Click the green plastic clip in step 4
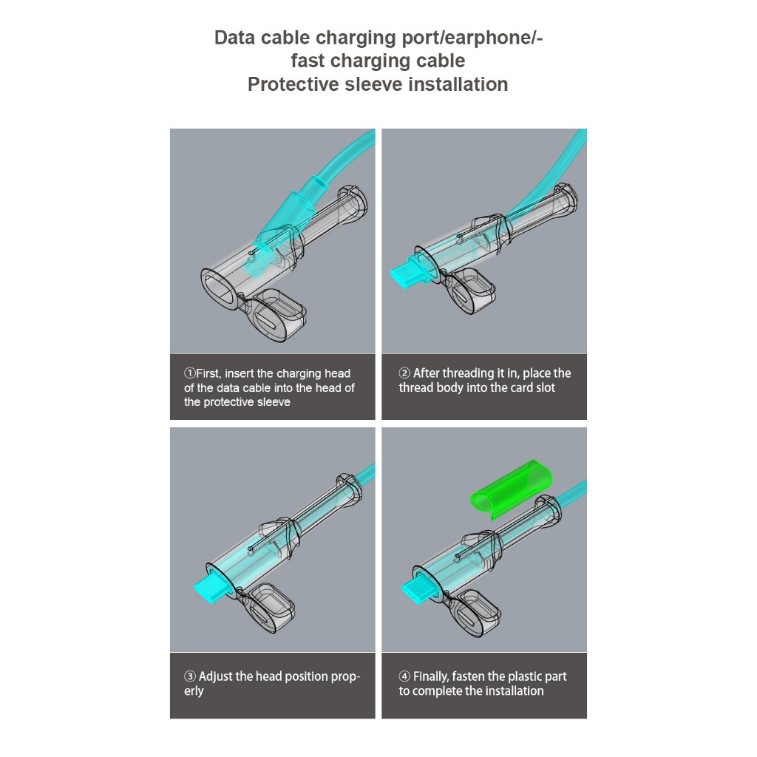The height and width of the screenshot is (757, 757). [x=511, y=489]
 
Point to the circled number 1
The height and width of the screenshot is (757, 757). [x=189, y=373]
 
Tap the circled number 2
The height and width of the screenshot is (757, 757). [x=404, y=373]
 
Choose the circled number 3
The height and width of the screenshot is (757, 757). [x=190, y=676]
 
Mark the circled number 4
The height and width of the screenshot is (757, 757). [x=404, y=676]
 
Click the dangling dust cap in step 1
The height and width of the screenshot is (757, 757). [x=278, y=314]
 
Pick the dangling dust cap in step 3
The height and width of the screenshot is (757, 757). [x=271, y=608]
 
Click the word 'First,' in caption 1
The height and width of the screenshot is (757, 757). [x=208, y=373]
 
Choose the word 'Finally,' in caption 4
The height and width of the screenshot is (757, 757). [x=431, y=677]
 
